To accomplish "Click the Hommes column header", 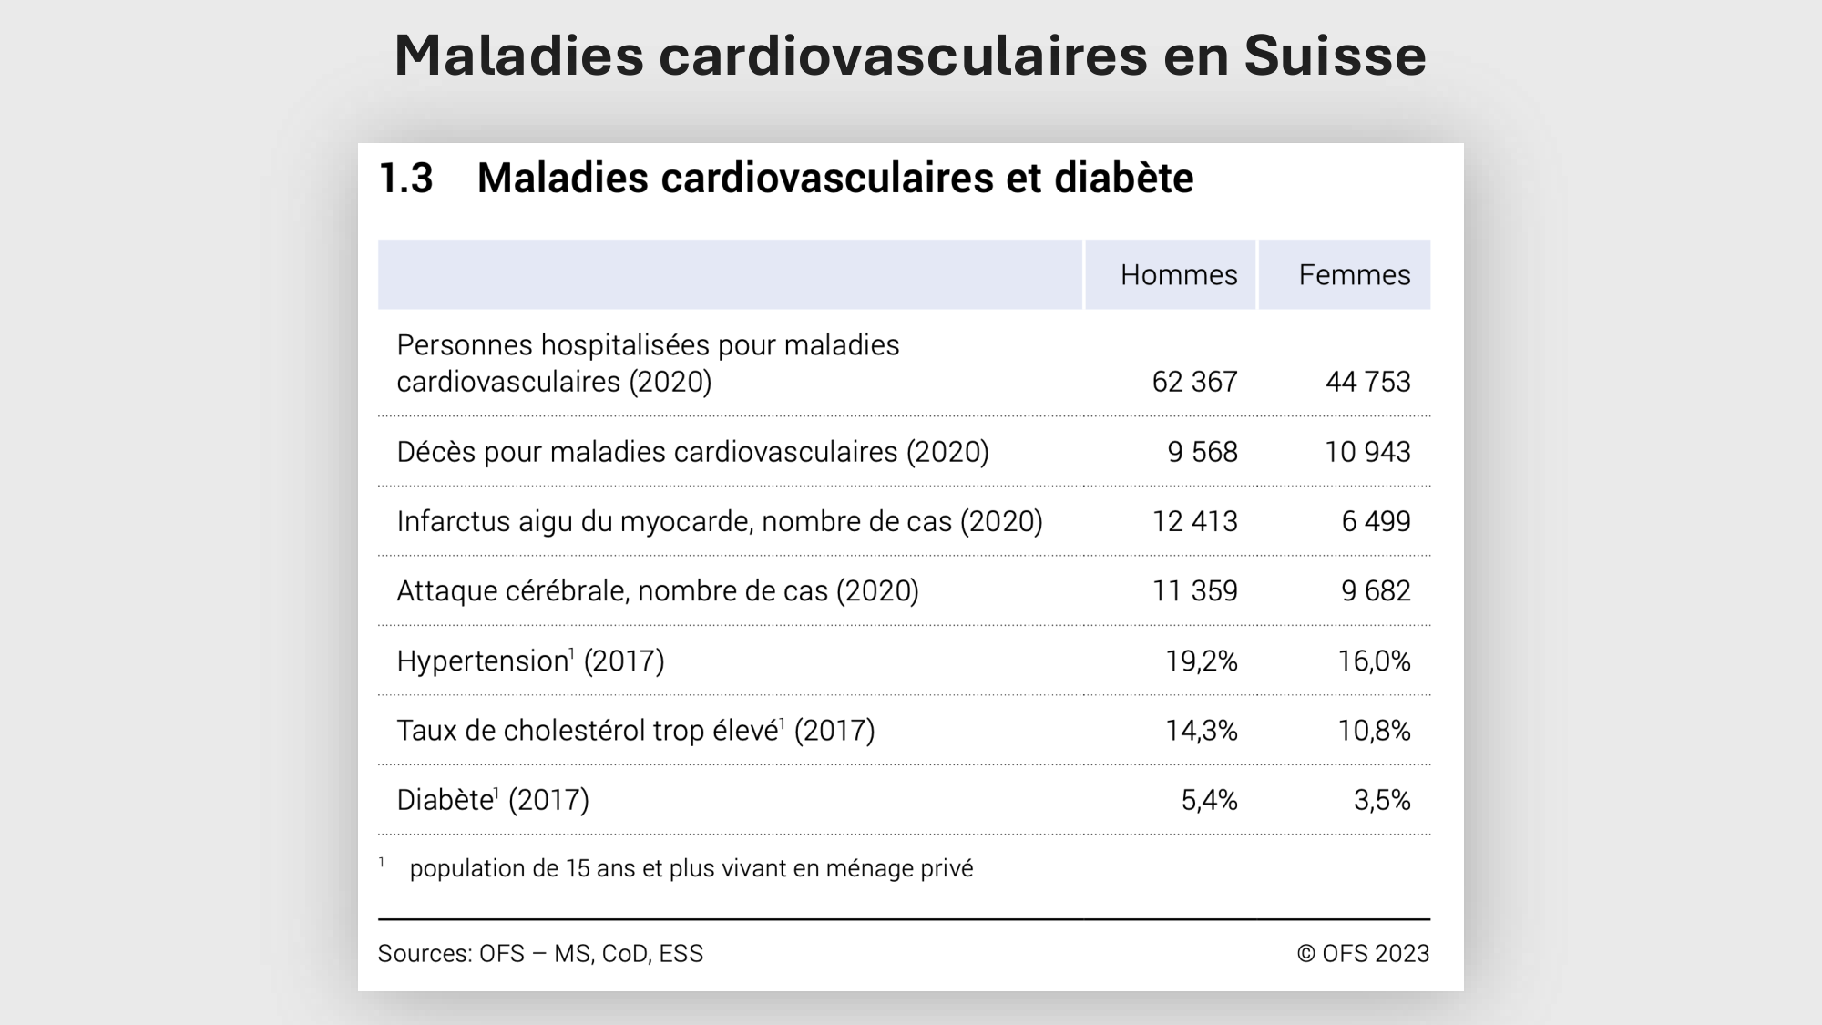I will click(1178, 275).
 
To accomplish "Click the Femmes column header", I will click(1354, 275).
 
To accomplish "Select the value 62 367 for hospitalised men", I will click(1194, 382).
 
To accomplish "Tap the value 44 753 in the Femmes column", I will click(1367, 382).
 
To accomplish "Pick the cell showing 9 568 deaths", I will click(1203, 452).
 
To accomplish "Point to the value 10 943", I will click(1367, 452).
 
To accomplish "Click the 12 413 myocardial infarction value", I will click(1194, 521).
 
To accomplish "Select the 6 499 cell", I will click(1376, 521).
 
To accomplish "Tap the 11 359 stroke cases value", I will click(1194, 591).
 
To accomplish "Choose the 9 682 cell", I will click(1376, 591).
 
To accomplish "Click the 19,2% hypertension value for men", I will click(1202, 661).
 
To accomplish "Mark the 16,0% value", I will click(1374, 661).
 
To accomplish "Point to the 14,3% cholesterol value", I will click(1202, 731).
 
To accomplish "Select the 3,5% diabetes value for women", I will click(1382, 800).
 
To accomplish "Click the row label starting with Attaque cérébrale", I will click(657, 591).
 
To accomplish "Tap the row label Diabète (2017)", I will click(493, 800).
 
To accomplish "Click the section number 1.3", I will click(405, 178).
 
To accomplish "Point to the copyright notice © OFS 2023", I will click(1363, 953).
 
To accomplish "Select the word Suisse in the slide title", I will click(1335, 56).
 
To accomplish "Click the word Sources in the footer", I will click(424, 953).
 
